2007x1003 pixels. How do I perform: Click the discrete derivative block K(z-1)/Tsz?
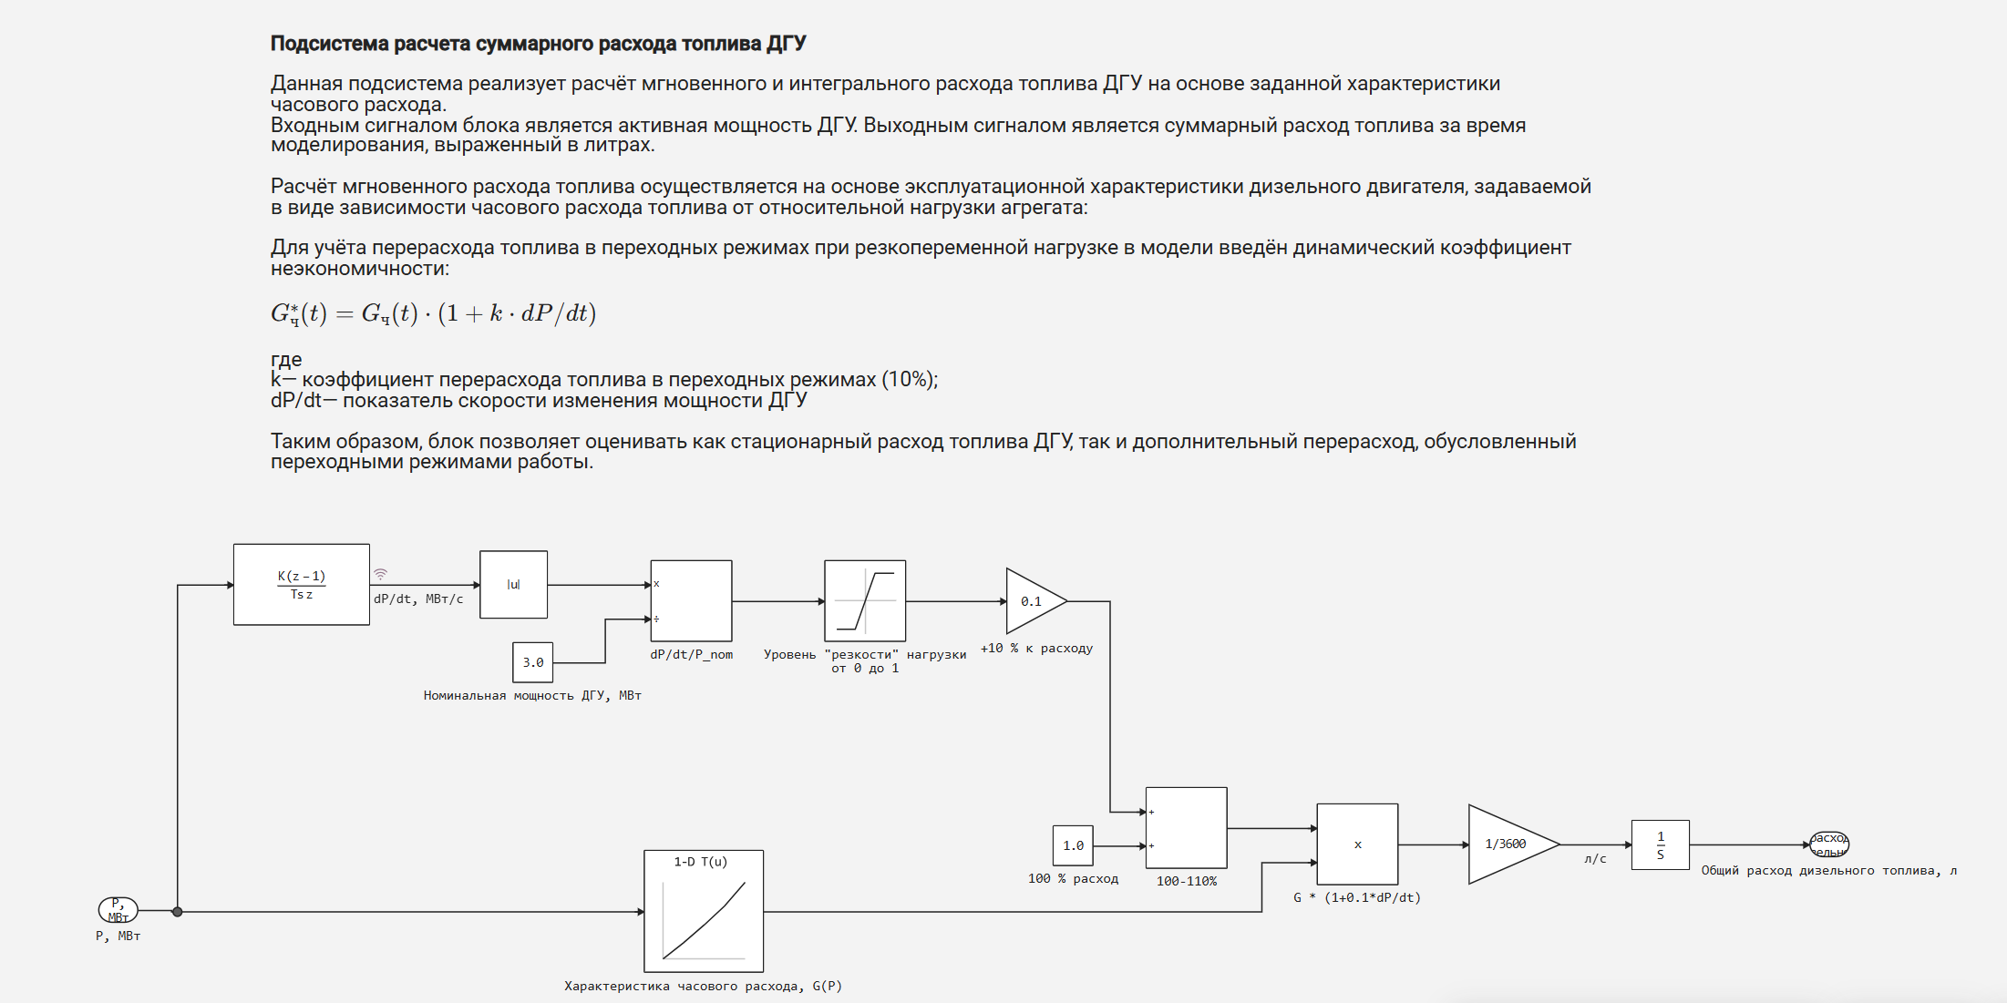click(301, 584)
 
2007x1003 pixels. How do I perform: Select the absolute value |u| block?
click(513, 584)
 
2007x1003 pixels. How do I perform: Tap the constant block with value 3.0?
click(532, 662)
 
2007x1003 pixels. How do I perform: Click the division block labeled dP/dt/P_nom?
click(691, 600)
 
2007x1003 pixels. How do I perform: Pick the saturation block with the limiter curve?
click(864, 600)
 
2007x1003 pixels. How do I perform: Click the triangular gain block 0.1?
click(1034, 601)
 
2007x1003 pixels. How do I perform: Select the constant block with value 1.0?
click(1073, 845)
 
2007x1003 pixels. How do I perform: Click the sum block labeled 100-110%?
click(1186, 827)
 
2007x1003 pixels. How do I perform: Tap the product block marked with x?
click(1357, 844)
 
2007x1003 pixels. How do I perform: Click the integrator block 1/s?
click(1660, 844)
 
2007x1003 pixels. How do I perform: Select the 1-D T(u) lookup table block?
click(704, 911)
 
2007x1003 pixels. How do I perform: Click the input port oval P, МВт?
click(118, 909)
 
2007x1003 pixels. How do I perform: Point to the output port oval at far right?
click(1828, 844)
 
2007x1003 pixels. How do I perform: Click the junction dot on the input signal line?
click(177, 911)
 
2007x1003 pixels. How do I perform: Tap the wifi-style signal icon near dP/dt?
click(381, 574)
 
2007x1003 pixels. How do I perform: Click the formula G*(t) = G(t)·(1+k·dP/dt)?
click(433, 313)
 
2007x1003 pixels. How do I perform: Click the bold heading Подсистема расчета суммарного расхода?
click(538, 44)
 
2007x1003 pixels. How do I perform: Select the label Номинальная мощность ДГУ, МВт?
click(532, 695)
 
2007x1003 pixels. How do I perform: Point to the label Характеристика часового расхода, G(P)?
click(703, 986)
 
